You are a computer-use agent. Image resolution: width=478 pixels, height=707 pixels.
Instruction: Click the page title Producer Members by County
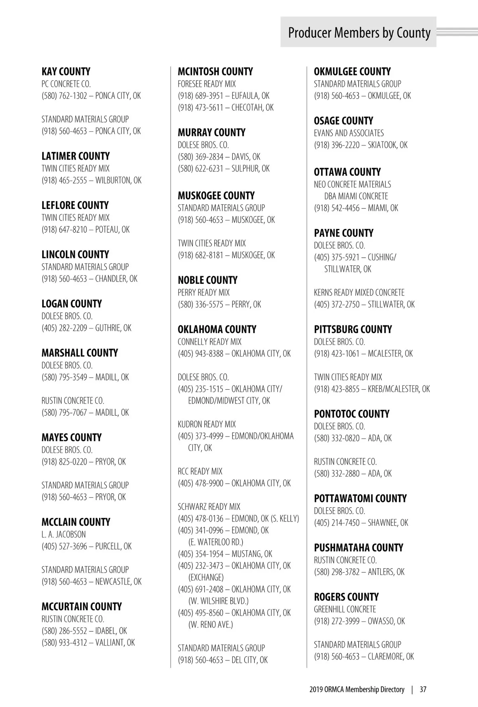click(x=359, y=33)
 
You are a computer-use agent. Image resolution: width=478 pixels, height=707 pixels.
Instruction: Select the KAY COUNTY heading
click(x=66, y=72)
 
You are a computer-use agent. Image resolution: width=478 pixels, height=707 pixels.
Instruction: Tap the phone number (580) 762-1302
click(x=64, y=96)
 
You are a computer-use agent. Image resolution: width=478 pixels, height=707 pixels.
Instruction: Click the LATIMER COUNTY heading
click(x=75, y=156)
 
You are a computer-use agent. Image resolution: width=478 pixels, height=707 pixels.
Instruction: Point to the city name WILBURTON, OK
click(x=118, y=180)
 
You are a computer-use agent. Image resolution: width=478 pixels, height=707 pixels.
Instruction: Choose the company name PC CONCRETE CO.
click(x=66, y=84)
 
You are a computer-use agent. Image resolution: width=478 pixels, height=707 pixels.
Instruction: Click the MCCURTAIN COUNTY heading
click(x=82, y=607)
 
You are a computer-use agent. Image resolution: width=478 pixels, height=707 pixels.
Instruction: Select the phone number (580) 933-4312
click(x=64, y=642)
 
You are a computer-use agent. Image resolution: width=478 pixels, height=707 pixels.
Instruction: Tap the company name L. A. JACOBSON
click(x=63, y=534)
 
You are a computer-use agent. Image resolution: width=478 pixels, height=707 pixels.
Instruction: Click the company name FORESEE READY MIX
click(x=207, y=84)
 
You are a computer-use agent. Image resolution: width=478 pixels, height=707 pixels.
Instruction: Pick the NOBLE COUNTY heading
click(x=208, y=280)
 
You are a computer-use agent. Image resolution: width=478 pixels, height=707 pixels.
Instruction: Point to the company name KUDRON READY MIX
click(x=207, y=424)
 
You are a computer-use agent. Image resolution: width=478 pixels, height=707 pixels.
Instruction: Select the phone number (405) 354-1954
click(x=200, y=554)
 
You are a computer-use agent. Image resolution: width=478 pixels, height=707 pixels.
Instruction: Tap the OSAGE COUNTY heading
click(x=343, y=121)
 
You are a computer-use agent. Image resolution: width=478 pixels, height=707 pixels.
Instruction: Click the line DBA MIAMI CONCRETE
click(x=356, y=196)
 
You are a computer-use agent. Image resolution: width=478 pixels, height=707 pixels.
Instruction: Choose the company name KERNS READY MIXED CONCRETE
click(x=359, y=293)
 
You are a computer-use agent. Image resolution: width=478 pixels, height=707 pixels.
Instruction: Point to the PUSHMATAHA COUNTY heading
click(x=358, y=548)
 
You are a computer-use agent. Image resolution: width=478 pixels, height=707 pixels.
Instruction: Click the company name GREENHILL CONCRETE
click(x=345, y=609)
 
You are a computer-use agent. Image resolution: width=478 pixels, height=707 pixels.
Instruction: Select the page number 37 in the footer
click(x=423, y=689)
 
